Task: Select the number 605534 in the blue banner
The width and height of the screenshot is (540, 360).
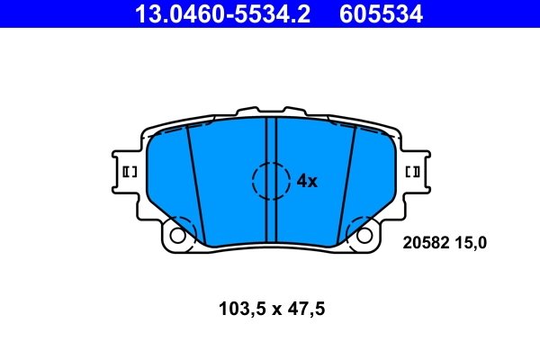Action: point(381,13)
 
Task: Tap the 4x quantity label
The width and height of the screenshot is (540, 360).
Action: point(307,181)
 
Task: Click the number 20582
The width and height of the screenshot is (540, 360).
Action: point(423,241)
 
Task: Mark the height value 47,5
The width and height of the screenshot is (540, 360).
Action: point(304,309)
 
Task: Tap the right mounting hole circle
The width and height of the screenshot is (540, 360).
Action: point(365,236)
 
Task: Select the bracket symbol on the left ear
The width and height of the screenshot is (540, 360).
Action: point(128,171)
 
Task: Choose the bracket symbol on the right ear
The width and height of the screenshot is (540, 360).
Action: point(415,171)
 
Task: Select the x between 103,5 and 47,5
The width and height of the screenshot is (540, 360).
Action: point(271,309)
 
